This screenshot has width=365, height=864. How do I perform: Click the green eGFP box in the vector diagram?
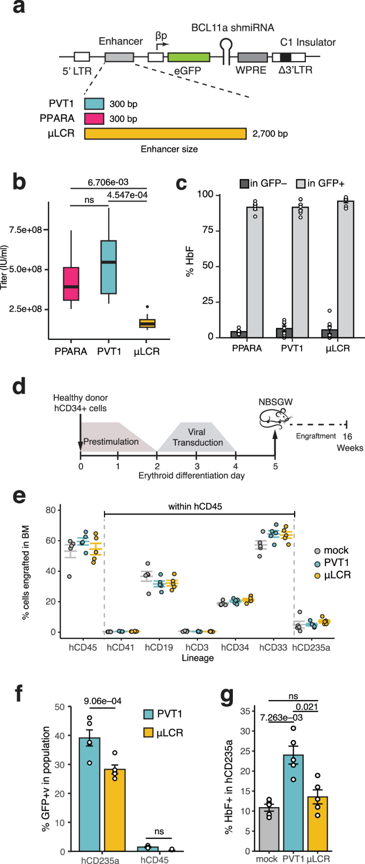click(188, 57)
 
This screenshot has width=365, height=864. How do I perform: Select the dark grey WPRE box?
click(252, 57)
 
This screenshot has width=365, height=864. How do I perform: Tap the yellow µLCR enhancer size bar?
click(165, 134)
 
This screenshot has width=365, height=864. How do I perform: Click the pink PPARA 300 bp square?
click(94, 119)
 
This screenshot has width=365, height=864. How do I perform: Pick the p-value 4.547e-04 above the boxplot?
click(127, 195)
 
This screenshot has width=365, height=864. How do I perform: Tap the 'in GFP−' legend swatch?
click(244, 184)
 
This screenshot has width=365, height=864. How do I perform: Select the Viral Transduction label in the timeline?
click(198, 437)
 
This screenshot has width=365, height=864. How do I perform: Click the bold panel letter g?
click(229, 694)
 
